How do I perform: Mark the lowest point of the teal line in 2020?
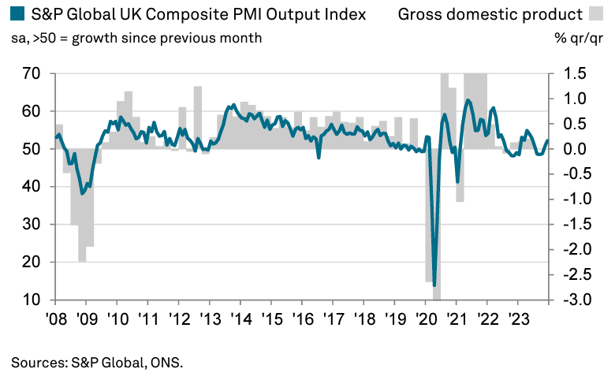pyautogui.click(x=434, y=284)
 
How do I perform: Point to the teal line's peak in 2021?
pyautogui.click(x=468, y=100)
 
